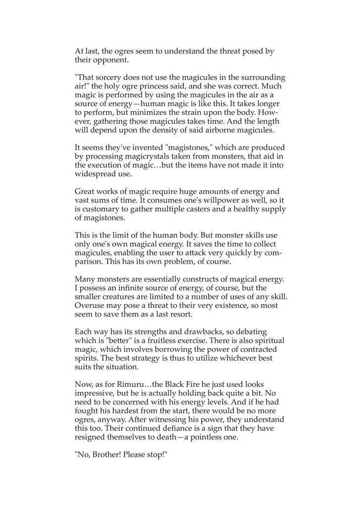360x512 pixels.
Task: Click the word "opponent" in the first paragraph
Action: pos(112,60)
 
